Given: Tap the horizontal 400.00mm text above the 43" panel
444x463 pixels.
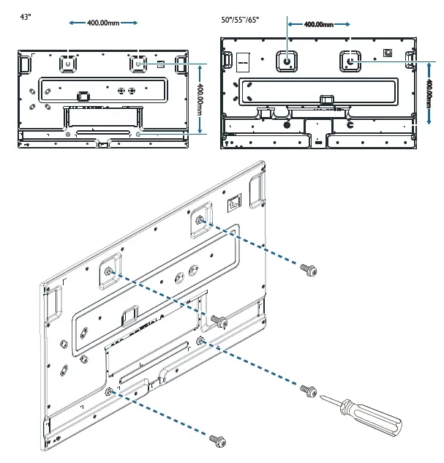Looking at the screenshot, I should tap(103, 23).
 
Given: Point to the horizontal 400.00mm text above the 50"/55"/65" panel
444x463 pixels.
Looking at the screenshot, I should tap(318, 24).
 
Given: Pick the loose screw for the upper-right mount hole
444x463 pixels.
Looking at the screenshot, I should tap(308, 271).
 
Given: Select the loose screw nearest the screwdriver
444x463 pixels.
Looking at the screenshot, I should tap(307, 389).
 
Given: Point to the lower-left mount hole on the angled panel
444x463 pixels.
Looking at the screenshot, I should tap(108, 392).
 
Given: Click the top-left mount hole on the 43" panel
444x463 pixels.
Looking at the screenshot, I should tap(68, 63).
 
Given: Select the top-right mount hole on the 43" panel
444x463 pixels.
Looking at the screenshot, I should tap(139, 63).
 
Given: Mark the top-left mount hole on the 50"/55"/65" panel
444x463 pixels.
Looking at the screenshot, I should tap(286, 61).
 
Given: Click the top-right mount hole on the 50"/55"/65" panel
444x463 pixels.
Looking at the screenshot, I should tap(350, 61).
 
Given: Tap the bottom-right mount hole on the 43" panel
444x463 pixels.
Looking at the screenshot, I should tap(139, 134).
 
